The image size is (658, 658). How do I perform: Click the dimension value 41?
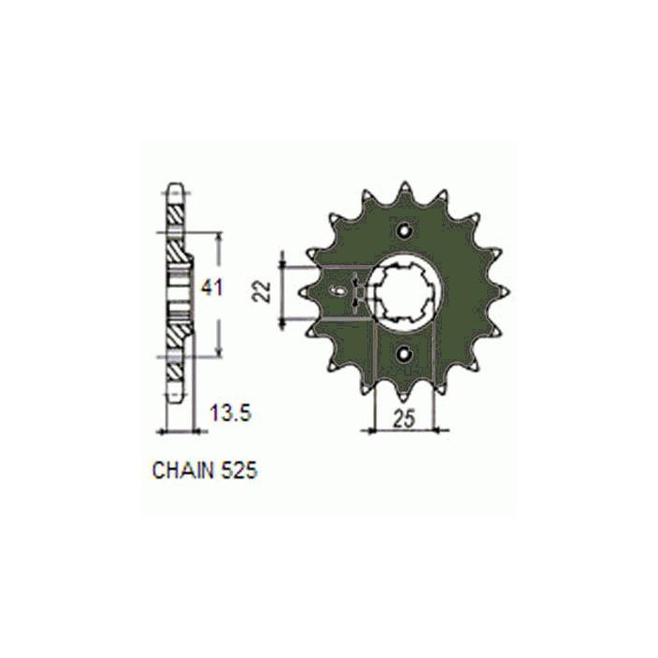coord(211,289)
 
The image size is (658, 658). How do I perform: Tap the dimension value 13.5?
coord(231,414)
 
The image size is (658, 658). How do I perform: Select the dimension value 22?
coord(262,291)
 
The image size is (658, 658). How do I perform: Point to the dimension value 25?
coord(404,419)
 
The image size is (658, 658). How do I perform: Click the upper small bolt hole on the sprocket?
coord(404,230)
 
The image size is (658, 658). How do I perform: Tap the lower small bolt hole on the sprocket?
coord(404,354)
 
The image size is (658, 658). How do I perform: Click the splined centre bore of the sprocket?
coord(404,292)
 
